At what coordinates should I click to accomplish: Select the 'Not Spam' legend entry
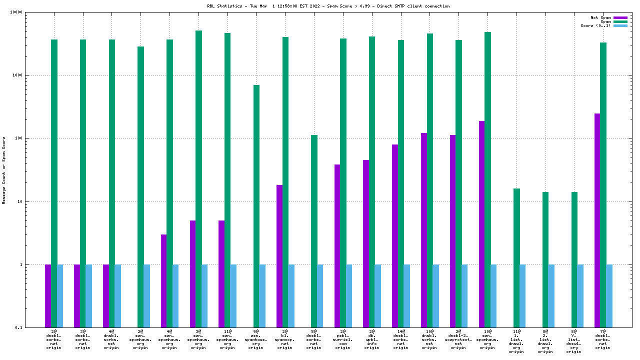tap(620, 17)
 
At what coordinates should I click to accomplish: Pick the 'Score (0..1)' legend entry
tap(620, 25)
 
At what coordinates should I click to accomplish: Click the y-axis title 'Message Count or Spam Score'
tap(4, 170)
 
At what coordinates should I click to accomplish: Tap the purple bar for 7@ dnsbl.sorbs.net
tap(597, 220)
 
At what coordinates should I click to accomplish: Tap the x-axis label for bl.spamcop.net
tap(285, 339)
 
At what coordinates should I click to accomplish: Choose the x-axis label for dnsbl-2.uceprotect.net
tap(458, 339)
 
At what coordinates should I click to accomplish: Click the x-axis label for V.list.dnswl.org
tap(574, 341)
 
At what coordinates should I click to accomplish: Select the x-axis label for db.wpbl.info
tap(372, 339)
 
